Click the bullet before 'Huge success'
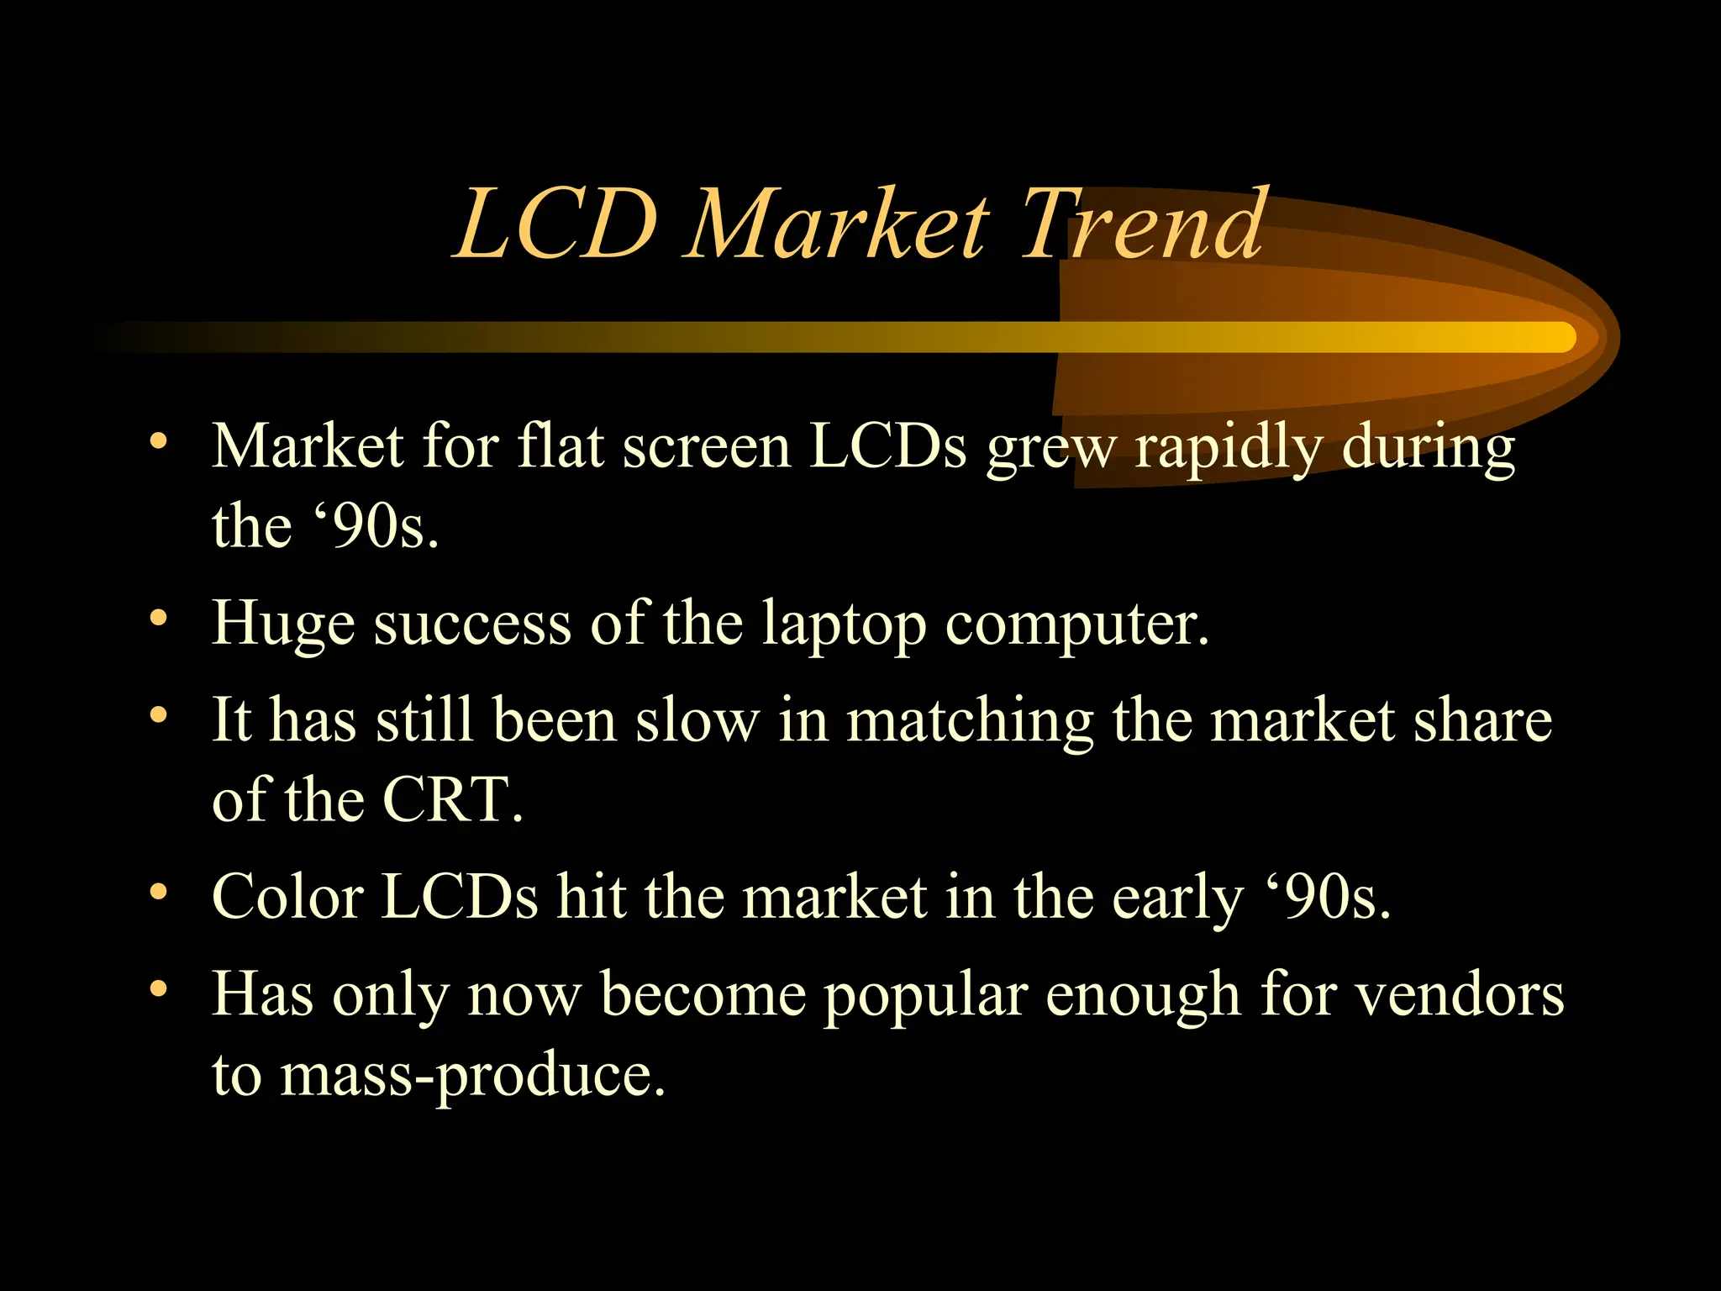tap(158, 619)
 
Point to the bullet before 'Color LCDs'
tap(158, 891)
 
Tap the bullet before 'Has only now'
tap(158, 988)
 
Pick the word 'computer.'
tap(1077, 626)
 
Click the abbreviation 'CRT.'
tap(452, 799)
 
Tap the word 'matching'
tap(970, 721)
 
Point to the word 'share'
tap(1482, 721)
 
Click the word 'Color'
tap(287, 897)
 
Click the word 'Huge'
tap(283, 626)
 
